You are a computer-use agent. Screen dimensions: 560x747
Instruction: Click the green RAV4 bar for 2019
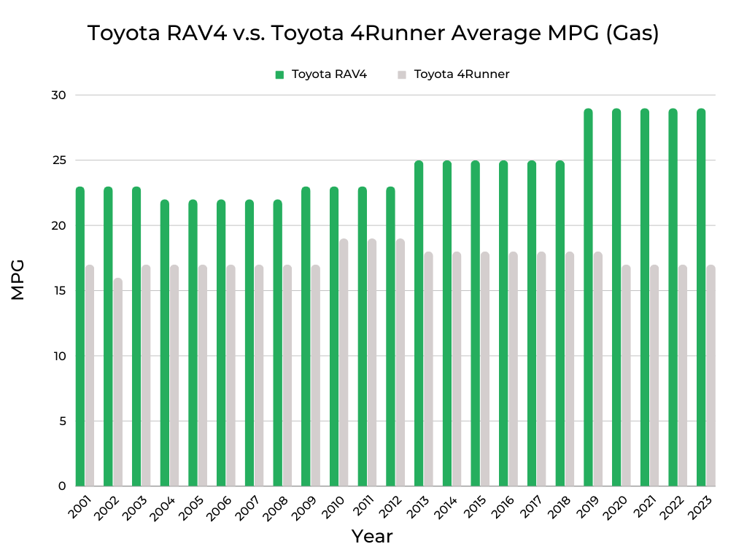[x=588, y=297]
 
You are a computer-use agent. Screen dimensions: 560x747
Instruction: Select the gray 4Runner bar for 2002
[x=118, y=382]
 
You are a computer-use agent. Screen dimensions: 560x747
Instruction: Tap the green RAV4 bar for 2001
[x=80, y=337]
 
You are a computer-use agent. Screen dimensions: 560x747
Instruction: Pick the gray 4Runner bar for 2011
[x=372, y=362]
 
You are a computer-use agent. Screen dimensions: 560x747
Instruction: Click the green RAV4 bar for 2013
[x=419, y=324]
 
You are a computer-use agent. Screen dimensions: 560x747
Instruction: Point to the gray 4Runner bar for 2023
[x=711, y=376]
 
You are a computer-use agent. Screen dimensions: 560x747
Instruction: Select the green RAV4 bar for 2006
[x=221, y=343]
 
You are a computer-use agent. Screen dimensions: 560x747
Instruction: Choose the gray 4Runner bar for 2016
[x=513, y=369]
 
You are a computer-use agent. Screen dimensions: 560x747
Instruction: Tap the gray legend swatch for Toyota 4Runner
[x=401, y=74]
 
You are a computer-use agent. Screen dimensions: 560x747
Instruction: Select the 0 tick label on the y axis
[x=62, y=486]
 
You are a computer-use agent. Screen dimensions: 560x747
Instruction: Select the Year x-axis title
[x=372, y=537]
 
